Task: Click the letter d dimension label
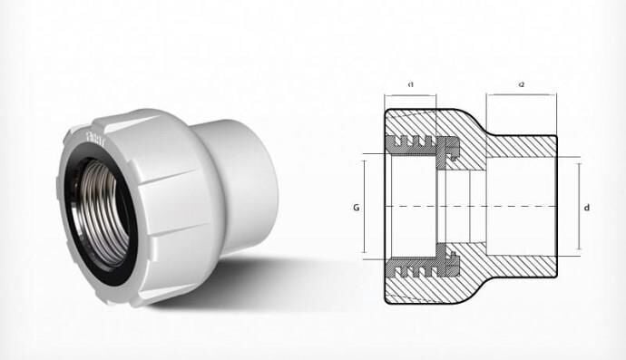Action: tap(588, 208)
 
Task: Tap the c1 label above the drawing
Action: tap(411, 84)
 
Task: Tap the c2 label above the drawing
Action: tap(522, 84)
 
